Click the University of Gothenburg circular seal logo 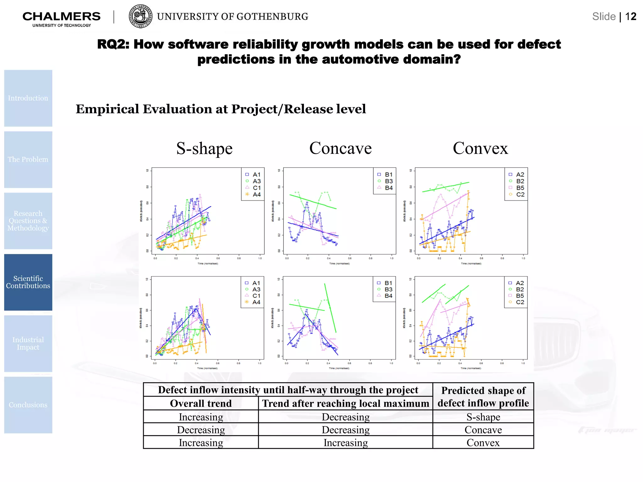(141, 16)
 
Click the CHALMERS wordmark (62, 16)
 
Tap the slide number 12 (630, 17)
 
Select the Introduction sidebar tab (28, 98)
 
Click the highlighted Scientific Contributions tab (28, 282)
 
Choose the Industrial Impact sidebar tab (28, 344)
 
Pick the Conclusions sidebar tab (28, 405)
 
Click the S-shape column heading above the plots (204, 148)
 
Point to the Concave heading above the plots (340, 148)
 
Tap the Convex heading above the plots (480, 148)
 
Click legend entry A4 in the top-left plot (257, 195)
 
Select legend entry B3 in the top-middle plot (389, 181)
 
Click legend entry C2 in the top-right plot (520, 195)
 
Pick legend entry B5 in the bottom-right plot (520, 296)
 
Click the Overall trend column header (201, 403)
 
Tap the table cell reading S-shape (483, 417)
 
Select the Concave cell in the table (483, 430)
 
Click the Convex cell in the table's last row (483, 442)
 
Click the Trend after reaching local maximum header (345, 403)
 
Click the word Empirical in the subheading (107, 109)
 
